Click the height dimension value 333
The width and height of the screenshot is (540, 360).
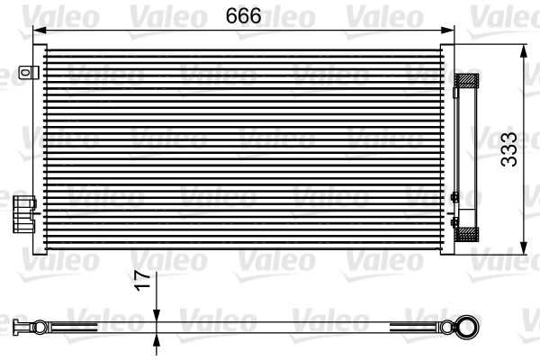[509, 151]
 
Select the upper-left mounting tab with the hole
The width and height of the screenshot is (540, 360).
[31, 72]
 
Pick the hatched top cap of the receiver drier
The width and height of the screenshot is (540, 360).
[469, 81]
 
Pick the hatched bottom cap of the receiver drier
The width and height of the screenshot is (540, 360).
[469, 234]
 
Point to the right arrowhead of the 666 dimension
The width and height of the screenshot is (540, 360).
[449, 29]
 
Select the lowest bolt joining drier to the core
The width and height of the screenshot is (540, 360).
[454, 220]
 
